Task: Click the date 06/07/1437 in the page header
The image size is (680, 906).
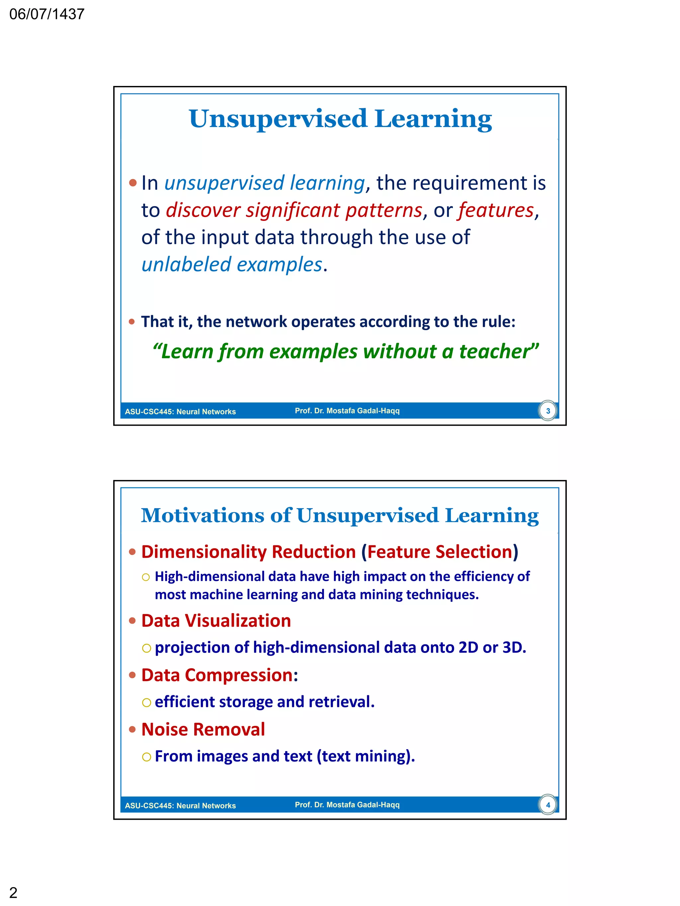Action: point(47,14)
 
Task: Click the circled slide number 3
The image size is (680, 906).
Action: point(548,411)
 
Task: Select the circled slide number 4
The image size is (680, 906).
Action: point(548,805)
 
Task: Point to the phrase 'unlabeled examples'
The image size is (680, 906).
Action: point(231,265)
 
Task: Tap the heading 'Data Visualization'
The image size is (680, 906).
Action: point(216,621)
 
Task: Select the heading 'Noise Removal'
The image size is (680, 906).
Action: point(203,730)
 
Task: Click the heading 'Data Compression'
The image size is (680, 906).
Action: point(217,675)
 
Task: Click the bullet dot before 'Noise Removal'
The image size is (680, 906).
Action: point(132,730)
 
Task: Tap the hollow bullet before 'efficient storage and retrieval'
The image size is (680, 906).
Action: point(146,703)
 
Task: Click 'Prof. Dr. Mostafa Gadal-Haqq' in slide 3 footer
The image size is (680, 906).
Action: point(347,411)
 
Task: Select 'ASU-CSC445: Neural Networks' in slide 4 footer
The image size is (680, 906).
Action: point(180,806)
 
